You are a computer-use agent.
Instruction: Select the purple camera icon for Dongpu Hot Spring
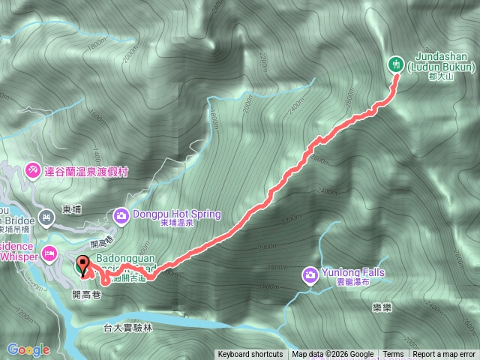[121, 217]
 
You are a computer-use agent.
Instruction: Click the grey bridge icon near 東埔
[46, 217]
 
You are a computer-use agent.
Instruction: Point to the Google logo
[28, 349]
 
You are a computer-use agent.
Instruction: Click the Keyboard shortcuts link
[250, 355]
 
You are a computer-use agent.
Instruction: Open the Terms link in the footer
[393, 355]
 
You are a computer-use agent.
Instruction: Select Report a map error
[444, 355]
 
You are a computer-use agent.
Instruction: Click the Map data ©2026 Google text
[333, 355]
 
